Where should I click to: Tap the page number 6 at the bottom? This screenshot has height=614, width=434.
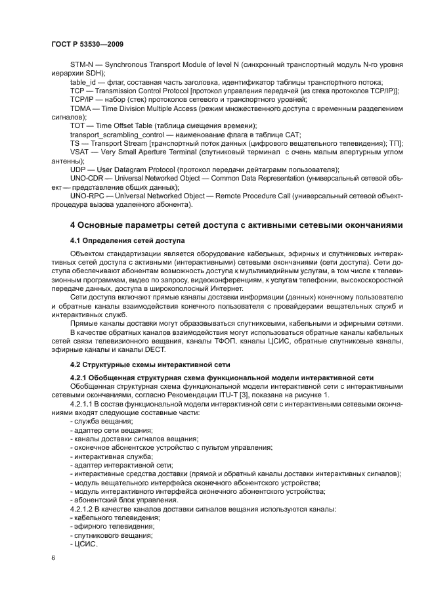(53, 558)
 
